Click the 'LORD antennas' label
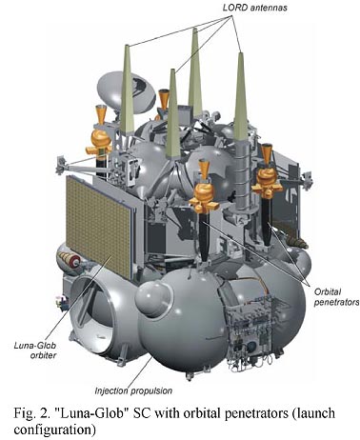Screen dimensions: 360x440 254,8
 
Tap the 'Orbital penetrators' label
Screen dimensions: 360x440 336,297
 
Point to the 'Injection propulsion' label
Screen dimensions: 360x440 133,390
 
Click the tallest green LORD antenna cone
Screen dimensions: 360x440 195,73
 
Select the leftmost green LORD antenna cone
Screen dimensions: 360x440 127,89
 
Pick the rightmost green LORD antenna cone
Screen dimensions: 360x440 240,96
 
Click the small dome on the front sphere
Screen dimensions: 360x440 153,298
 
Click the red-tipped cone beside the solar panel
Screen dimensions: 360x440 69,259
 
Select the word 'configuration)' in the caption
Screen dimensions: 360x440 54,430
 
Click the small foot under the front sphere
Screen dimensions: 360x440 190,376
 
